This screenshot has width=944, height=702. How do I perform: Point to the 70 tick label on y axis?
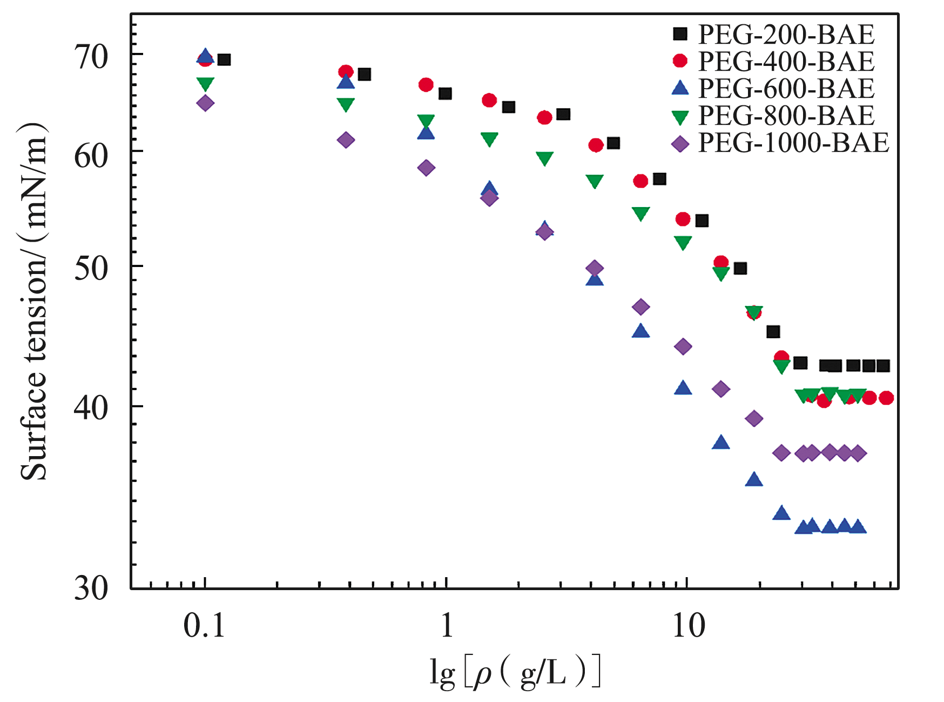[x=91, y=57]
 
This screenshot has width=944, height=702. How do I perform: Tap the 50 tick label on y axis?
[x=91, y=268]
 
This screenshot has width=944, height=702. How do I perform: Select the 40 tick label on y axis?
[x=91, y=408]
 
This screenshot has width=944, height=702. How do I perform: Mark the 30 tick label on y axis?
[x=91, y=588]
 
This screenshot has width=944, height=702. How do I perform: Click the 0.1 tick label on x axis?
[x=204, y=627]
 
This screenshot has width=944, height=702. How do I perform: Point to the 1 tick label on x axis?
[x=447, y=627]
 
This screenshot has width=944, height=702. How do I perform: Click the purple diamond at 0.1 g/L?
[x=205, y=103]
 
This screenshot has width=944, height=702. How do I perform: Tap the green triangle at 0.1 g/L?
[x=205, y=84]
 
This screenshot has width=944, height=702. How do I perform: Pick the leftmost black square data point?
[x=224, y=59]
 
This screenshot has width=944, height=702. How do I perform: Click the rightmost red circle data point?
[x=886, y=398]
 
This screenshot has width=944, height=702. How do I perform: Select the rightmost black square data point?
[x=883, y=366]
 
